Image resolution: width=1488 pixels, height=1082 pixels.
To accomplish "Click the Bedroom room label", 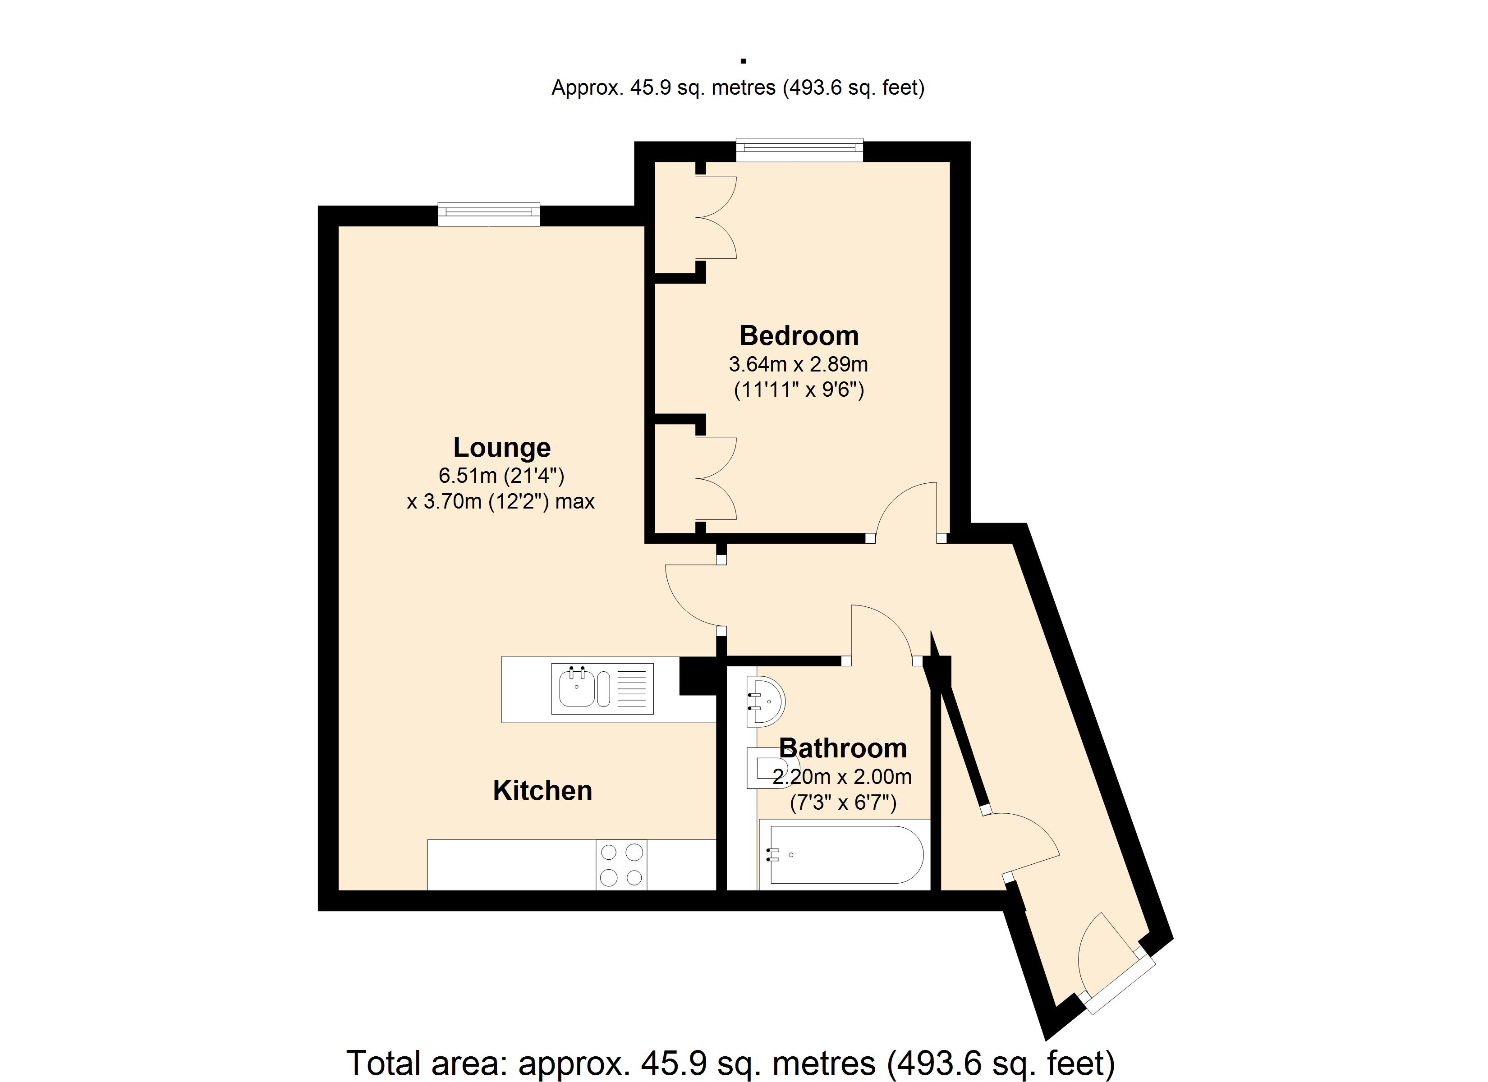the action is [x=799, y=336].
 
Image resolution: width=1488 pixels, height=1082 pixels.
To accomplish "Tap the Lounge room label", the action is [x=502, y=448].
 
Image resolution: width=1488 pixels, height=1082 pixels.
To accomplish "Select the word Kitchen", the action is [x=542, y=791].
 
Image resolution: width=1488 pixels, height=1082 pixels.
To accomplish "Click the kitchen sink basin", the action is [x=577, y=688].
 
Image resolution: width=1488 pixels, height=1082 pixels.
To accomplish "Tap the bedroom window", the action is [x=799, y=150].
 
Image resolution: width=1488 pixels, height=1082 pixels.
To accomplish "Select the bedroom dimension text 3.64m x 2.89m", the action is [x=799, y=364].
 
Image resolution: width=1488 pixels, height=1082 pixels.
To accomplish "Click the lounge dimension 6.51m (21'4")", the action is [x=502, y=476].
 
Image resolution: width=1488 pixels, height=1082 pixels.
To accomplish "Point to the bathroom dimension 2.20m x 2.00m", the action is [x=842, y=777].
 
